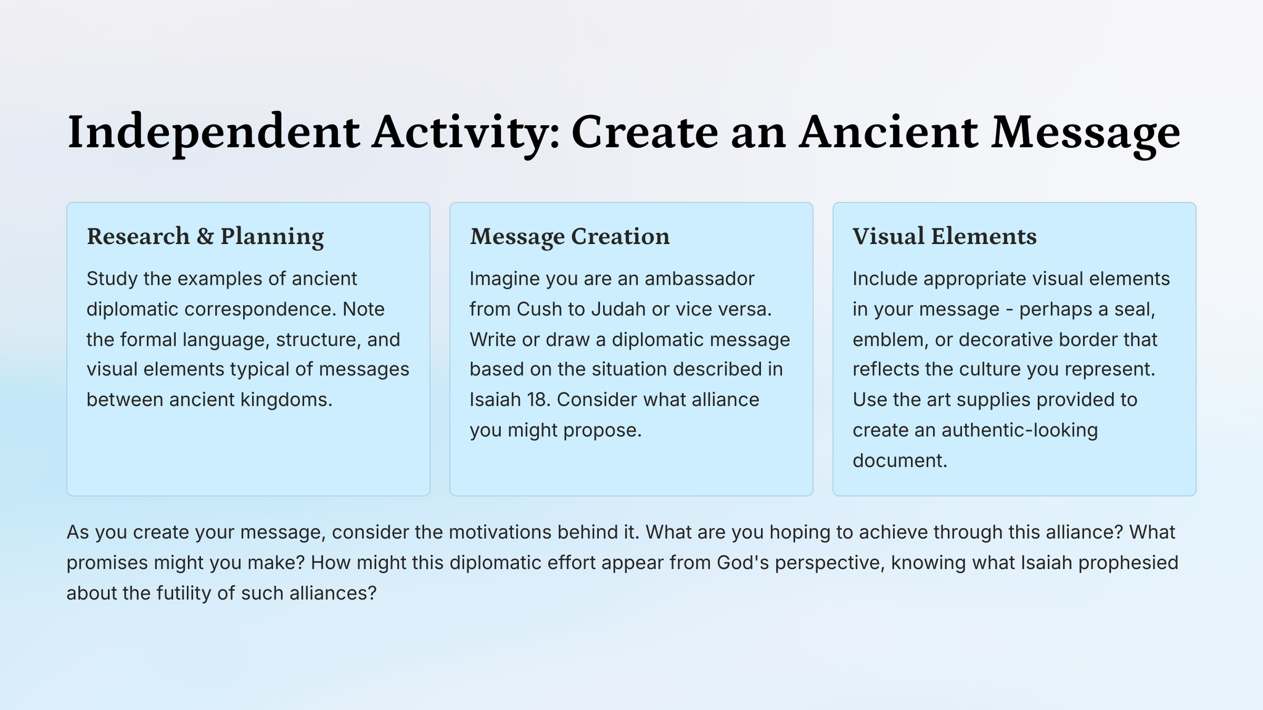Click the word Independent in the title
coord(213,133)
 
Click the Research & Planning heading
coord(205,237)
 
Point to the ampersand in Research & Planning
coord(205,237)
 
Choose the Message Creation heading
coord(570,237)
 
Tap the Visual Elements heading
coord(945,236)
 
